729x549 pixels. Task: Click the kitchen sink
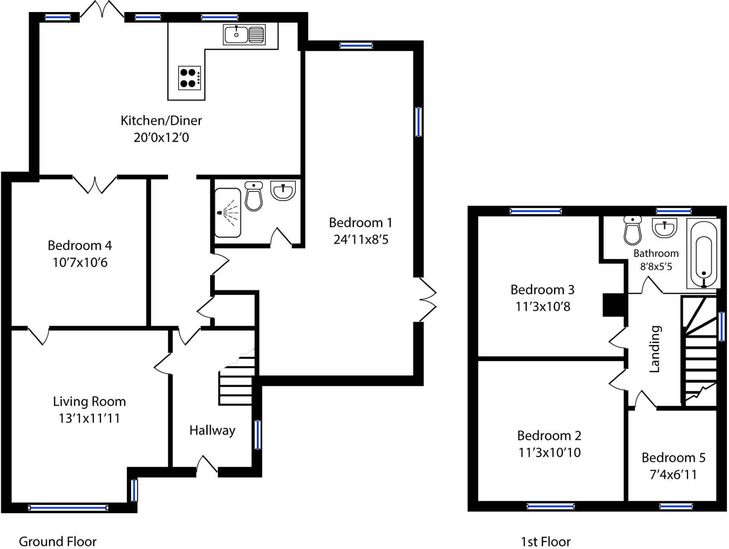click(244, 35)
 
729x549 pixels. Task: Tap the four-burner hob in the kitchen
click(189, 78)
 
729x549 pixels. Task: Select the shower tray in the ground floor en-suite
click(228, 212)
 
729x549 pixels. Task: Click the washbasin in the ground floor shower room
click(283, 190)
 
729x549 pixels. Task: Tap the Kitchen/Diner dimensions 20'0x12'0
click(161, 138)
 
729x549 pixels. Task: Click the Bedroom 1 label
click(360, 222)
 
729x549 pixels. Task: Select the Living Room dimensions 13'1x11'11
click(89, 418)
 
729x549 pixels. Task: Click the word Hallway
click(212, 430)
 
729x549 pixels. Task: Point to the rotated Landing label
click(654, 349)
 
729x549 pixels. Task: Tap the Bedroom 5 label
click(673, 458)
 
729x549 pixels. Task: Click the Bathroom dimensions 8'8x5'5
click(656, 266)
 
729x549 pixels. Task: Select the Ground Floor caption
click(57, 541)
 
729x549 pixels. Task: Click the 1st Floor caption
click(545, 541)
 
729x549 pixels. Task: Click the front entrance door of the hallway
click(207, 466)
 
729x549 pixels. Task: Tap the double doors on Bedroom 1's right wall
click(426, 300)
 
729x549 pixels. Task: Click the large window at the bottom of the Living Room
click(68, 508)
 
